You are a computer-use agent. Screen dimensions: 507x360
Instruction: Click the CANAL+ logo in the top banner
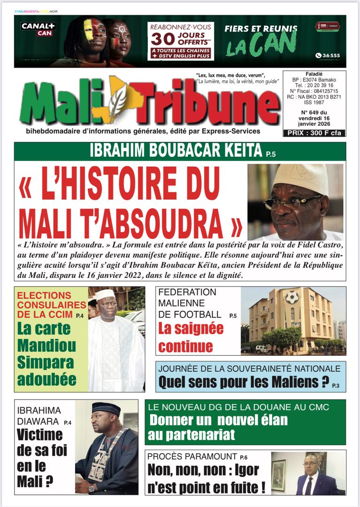tap(38, 26)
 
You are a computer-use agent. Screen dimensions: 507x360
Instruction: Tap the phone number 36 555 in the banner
tap(328, 55)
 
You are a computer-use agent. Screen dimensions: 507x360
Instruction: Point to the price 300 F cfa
tap(314, 133)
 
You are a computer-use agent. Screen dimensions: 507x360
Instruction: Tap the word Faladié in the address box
tap(314, 74)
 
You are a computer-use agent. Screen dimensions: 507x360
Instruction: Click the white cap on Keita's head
tap(300, 177)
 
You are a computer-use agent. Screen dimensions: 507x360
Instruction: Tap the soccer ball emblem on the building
tap(293, 297)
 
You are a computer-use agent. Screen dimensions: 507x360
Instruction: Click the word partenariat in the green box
tap(191, 435)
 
